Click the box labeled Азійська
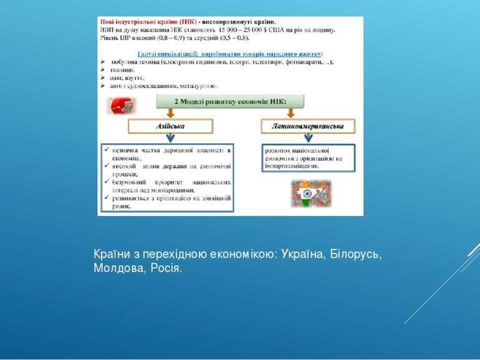click(170, 127)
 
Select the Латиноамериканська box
click(307, 127)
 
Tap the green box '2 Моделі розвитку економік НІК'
click(229, 101)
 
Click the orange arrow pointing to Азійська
click(170, 112)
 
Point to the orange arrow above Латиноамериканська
click(290, 112)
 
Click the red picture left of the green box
click(122, 106)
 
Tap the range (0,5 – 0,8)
click(229, 37)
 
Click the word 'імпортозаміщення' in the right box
click(292, 166)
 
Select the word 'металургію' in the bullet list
click(199, 85)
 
